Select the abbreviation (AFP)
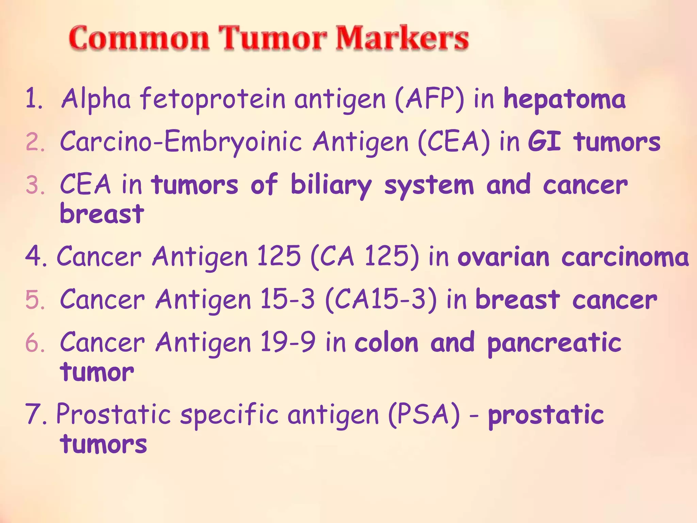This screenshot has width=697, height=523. tap(429, 99)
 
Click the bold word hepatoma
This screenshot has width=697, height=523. tap(564, 99)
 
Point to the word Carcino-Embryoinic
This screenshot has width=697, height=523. tap(181, 142)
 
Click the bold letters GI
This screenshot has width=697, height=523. tap(544, 142)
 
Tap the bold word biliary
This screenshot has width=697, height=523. tap(331, 186)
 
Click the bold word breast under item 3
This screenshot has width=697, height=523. tap(102, 215)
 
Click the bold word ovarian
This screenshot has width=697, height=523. tap(503, 257)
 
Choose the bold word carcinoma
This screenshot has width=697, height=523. tap(625, 257)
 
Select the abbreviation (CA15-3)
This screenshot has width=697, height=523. tap(381, 300)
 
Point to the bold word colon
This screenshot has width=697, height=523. tap(386, 343)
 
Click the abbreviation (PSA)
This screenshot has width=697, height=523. tap(424, 415)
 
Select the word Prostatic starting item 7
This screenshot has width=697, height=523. tap(113, 415)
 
